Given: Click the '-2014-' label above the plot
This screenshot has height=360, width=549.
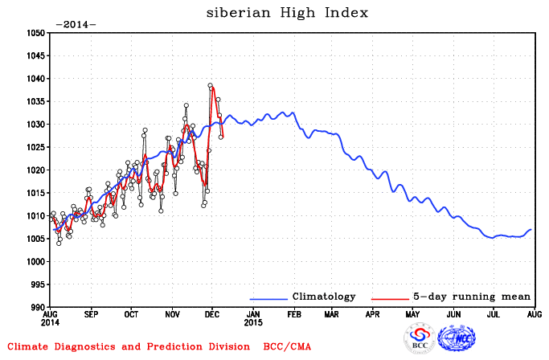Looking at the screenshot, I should tap(75, 24).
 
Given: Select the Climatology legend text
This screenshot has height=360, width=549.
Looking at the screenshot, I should tap(323, 297).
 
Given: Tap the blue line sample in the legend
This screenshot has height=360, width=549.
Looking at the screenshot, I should tap(268, 298).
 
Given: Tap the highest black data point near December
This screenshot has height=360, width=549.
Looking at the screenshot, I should tap(211, 85).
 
